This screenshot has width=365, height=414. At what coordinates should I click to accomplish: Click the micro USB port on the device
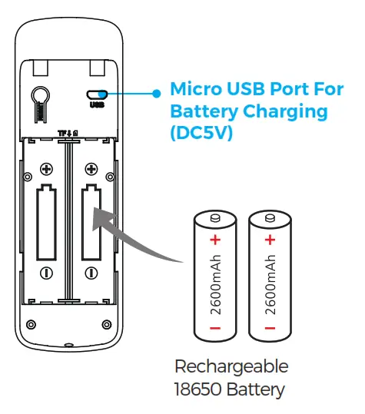(97, 95)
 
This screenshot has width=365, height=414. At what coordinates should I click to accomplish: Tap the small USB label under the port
(97, 105)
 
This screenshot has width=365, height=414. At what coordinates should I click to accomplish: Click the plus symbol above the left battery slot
(46, 169)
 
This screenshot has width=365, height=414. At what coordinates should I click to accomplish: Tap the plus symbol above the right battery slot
(91, 169)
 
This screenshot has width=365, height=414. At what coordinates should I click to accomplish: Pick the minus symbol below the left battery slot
(46, 272)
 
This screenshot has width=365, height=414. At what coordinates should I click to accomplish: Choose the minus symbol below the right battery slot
(91, 272)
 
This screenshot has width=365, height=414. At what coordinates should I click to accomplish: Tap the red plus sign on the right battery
(269, 240)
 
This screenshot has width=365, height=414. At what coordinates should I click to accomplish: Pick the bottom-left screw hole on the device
(32, 323)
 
